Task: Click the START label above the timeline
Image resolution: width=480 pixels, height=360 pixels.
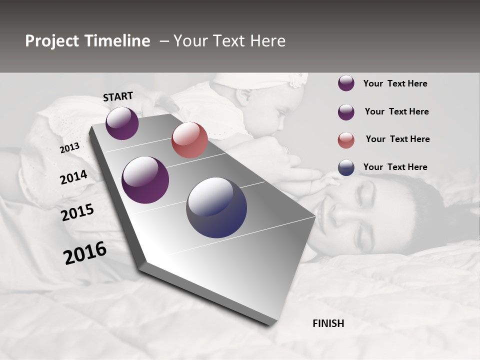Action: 118,96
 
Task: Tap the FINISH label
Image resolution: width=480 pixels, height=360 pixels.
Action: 328,323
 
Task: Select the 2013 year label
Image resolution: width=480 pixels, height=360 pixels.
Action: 69,148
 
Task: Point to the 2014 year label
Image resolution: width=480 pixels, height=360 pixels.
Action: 73,177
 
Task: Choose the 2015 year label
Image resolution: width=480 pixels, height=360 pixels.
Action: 77,212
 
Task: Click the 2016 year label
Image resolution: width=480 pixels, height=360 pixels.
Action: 85,253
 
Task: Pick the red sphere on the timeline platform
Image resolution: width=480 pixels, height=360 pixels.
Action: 189,140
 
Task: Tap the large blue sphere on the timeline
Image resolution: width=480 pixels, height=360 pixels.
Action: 216,207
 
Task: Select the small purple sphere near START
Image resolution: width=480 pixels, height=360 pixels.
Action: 122,123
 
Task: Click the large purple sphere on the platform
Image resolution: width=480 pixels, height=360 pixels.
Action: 145,180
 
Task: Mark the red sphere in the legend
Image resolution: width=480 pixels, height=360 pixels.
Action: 346,140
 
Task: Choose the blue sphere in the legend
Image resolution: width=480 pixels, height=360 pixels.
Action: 346,167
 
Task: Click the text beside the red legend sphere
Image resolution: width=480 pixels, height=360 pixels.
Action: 397,139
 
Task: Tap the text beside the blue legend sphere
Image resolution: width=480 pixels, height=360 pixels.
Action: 395,167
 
